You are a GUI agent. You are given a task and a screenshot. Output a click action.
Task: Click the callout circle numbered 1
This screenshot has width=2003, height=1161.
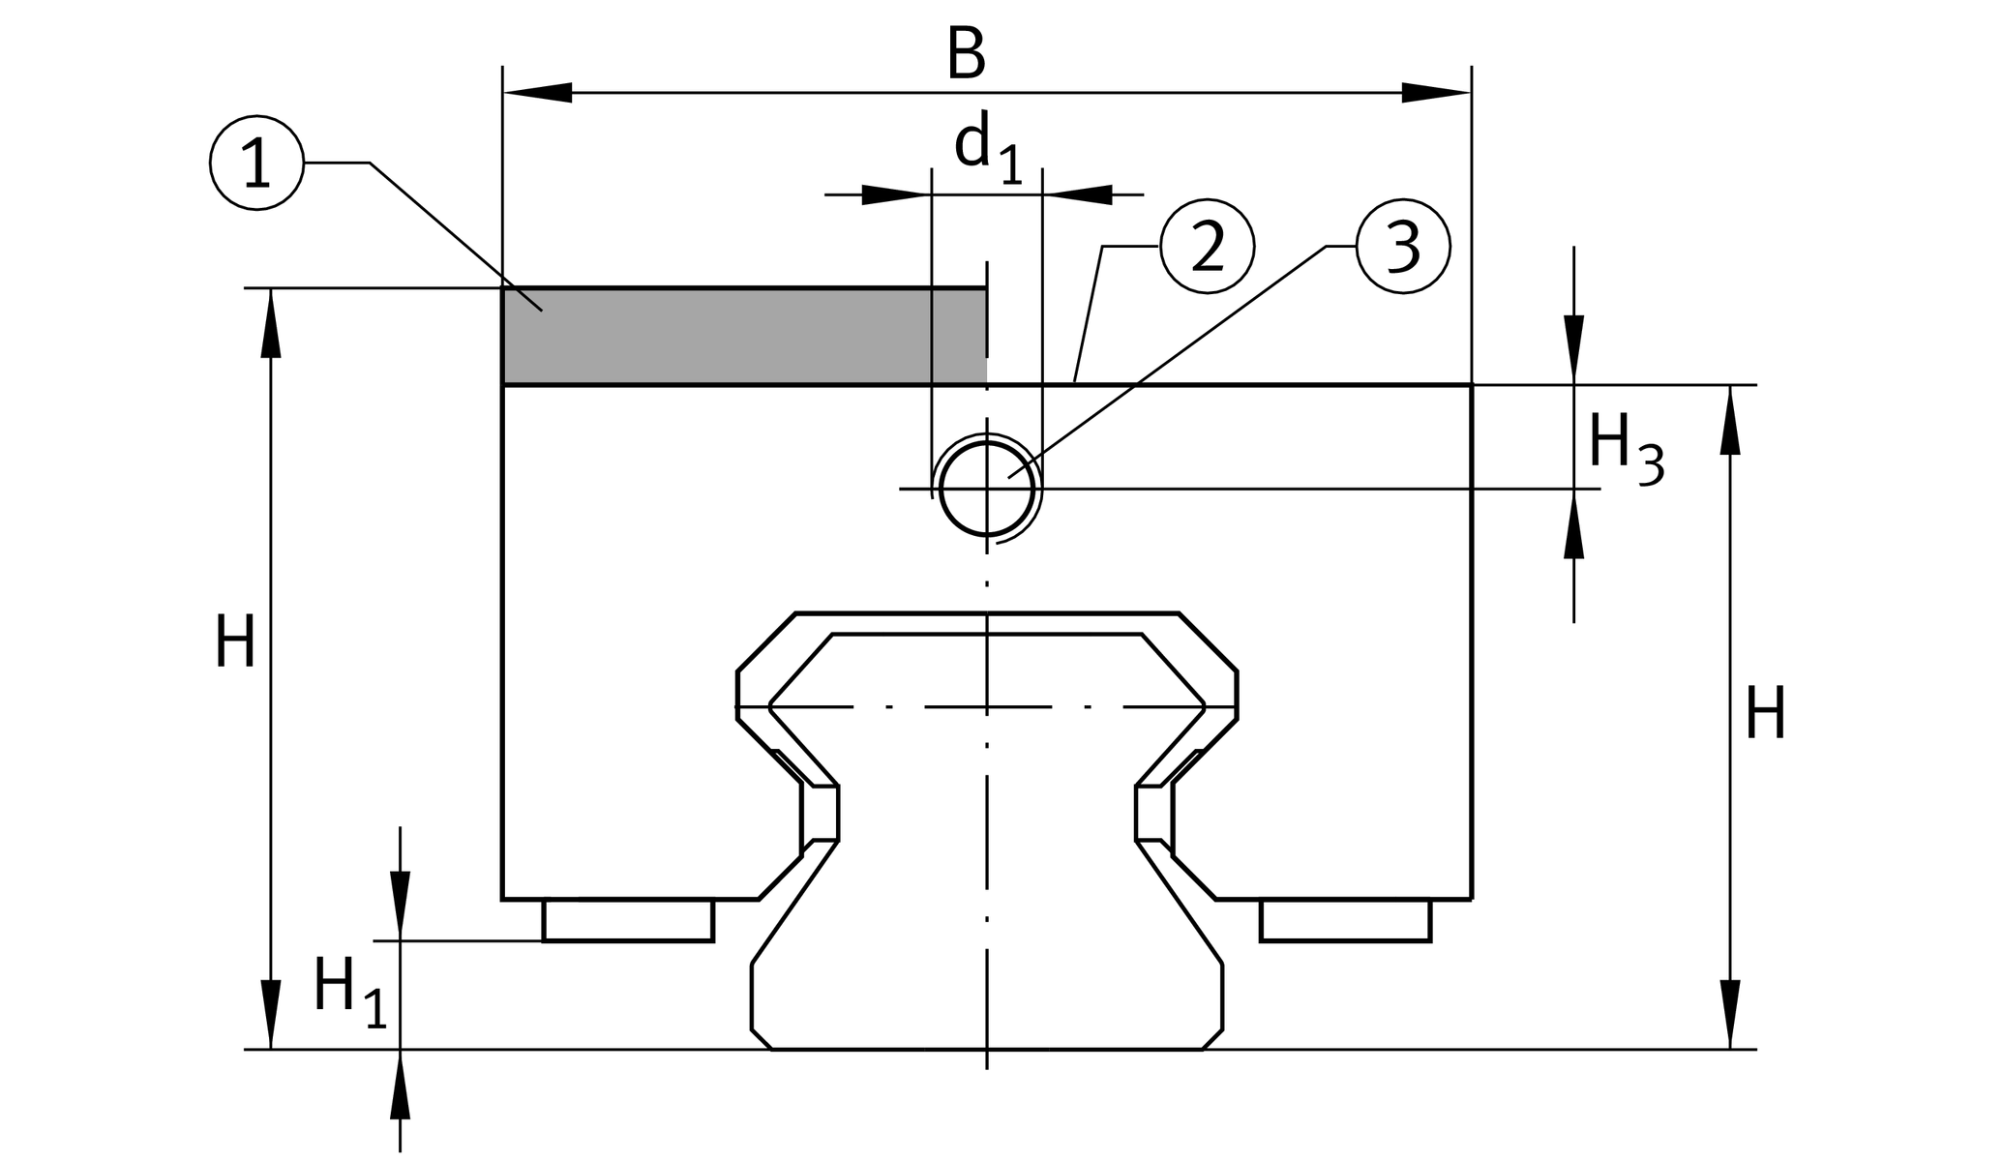tap(256, 163)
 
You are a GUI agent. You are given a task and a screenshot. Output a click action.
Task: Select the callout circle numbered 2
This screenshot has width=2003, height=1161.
tap(1207, 247)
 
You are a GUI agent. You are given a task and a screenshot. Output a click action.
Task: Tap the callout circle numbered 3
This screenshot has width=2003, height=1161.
tap(1403, 247)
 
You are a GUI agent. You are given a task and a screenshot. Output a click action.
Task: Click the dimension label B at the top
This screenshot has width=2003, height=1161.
tap(966, 55)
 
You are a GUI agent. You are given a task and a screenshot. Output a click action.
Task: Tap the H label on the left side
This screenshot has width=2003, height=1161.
tap(235, 642)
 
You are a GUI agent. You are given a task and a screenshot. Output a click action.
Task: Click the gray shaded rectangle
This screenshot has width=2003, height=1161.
tap(744, 336)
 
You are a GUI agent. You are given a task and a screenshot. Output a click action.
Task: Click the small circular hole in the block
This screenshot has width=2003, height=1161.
tap(986, 489)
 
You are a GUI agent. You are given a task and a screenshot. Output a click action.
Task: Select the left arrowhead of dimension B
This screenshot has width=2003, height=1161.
tap(538, 93)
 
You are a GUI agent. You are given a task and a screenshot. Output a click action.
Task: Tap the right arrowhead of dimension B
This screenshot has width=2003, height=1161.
tap(1437, 93)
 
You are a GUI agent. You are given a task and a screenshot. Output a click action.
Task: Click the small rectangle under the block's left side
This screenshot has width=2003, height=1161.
tap(628, 920)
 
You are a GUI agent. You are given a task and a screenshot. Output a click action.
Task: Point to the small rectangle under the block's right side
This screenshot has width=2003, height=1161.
tap(1345, 920)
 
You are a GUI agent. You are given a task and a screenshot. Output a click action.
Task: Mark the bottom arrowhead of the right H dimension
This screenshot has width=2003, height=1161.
tap(1730, 1014)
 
